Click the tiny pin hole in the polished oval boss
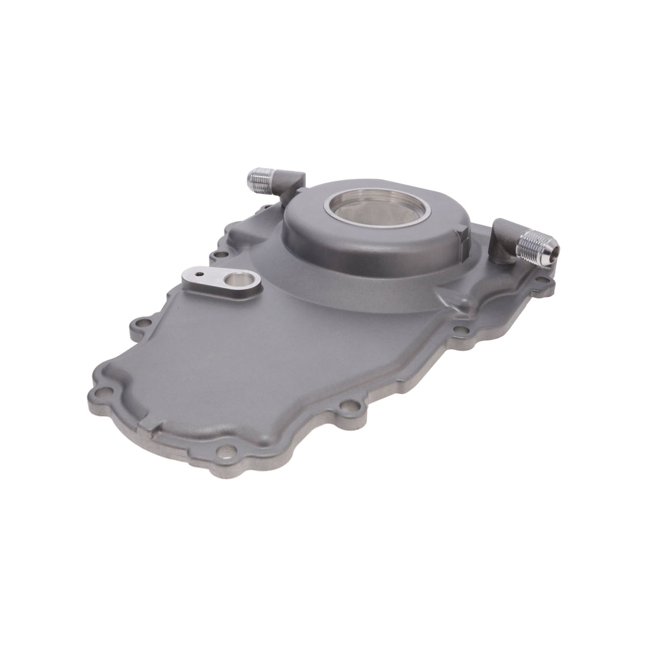tap(200, 273)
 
